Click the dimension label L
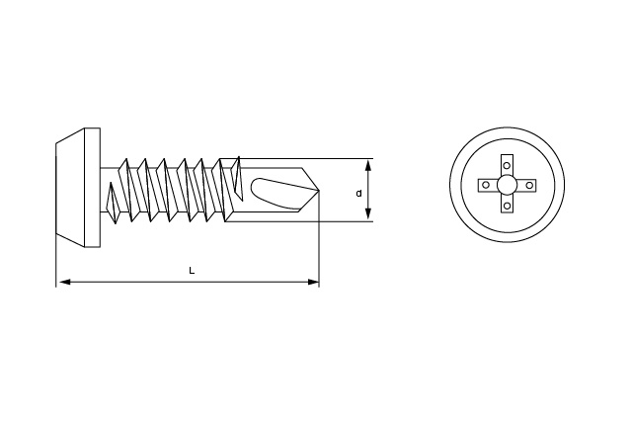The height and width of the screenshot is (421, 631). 192,271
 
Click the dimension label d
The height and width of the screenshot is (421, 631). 359,194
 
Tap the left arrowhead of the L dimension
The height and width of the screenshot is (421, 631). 63,282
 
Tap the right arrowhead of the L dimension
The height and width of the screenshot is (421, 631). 313,282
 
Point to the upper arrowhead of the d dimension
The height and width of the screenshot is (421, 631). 367,165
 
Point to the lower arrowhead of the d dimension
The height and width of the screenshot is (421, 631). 367,214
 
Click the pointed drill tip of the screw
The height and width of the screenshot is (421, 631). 319,190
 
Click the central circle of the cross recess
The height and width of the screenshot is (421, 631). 507,186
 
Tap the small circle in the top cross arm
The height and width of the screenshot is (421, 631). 507,165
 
